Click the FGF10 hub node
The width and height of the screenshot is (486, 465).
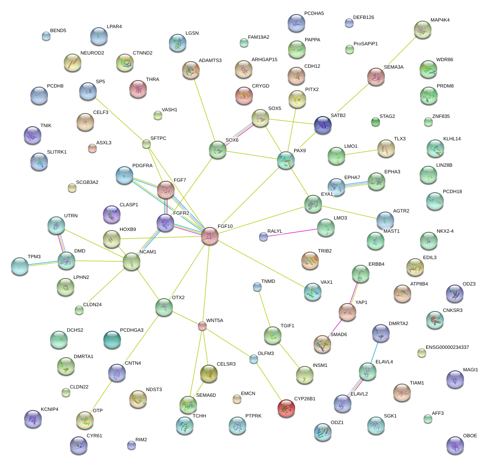click(210, 236)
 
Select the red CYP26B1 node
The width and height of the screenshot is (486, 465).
click(286, 408)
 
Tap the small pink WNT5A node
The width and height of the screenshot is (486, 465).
click(202, 326)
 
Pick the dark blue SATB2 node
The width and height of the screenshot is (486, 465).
click(323, 125)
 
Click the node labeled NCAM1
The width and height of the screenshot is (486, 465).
click(132, 261)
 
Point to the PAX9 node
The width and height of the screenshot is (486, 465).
click(286, 161)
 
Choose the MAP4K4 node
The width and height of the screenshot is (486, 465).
click(422, 29)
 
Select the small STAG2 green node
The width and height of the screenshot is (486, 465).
click(375, 122)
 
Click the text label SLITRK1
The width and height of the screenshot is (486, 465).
click(57, 152)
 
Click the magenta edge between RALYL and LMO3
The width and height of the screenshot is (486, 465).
click(292, 233)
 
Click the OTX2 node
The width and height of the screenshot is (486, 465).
click(164, 307)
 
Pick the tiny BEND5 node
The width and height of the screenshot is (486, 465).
click(46, 36)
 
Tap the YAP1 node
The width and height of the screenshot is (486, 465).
click(347, 311)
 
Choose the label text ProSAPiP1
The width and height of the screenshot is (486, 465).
click(365, 44)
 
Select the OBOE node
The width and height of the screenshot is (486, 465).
click(455, 445)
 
